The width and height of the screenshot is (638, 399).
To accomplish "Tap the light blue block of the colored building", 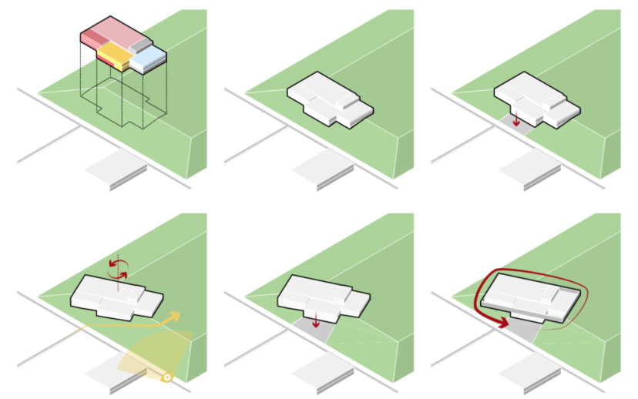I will pyautogui.click(x=151, y=56).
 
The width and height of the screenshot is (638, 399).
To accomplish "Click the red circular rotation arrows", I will pyautogui.click(x=118, y=267).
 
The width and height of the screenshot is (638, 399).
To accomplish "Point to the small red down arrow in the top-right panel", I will pyautogui.click(x=516, y=121).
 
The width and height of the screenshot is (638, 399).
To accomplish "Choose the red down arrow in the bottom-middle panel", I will pyautogui.click(x=315, y=321).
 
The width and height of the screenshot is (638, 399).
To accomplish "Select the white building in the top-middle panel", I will pyautogui.click(x=327, y=101).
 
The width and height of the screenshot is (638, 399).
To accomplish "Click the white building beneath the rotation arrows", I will pyautogui.click(x=116, y=297).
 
